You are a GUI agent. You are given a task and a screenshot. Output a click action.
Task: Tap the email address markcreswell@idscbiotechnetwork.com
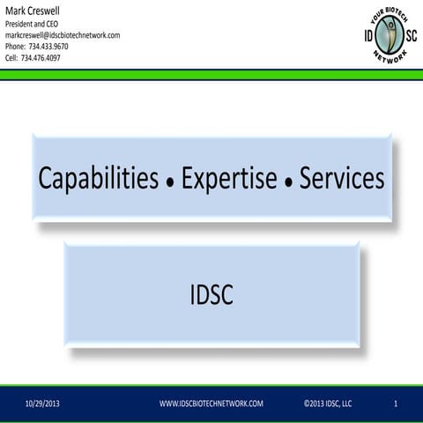coord(63,34)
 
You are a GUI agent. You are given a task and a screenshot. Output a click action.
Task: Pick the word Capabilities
coord(98,179)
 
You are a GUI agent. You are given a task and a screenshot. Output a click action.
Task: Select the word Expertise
coord(230,179)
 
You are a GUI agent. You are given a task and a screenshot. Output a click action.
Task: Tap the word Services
coord(342,179)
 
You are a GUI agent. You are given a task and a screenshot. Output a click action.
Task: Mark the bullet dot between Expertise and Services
coord(287,183)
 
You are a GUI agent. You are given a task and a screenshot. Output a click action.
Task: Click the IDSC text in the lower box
coord(211,296)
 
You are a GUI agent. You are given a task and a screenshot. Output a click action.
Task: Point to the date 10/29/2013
coord(43,404)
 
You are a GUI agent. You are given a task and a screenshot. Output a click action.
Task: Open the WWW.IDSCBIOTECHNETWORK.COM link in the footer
coord(211,404)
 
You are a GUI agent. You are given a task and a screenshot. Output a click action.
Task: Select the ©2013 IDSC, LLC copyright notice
coord(327,404)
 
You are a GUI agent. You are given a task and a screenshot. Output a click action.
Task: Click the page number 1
coord(397,404)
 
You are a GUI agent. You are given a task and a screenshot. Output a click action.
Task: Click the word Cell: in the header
coord(14,58)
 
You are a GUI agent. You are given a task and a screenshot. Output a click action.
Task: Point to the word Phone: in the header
coord(17,46)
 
